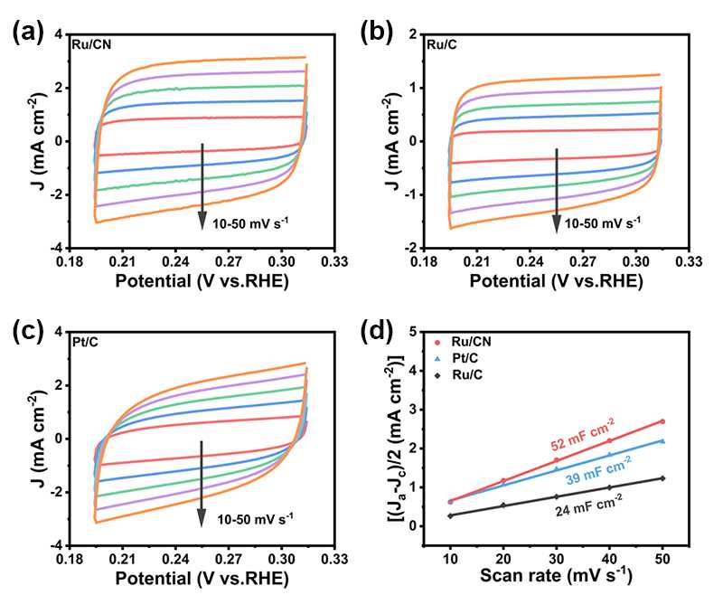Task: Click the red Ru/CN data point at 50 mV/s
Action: click(x=662, y=421)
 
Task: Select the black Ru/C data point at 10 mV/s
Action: click(x=451, y=515)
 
